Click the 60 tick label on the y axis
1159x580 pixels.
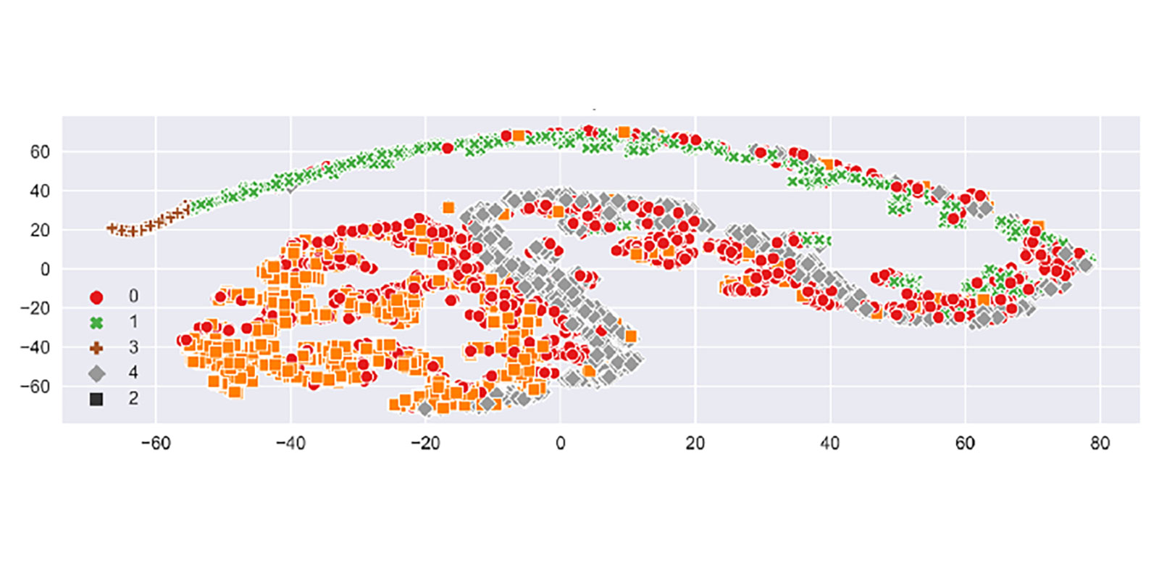click(40, 152)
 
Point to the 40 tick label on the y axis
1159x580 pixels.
click(40, 191)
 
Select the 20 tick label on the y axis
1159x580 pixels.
click(40, 231)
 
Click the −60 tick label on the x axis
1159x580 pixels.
click(155, 443)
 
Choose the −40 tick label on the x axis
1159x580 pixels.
click(290, 443)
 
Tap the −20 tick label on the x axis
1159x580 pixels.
click(425, 443)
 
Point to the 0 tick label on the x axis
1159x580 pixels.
click(560, 443)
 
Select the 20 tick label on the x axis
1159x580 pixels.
click(695, 443)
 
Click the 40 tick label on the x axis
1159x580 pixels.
click(830, 443)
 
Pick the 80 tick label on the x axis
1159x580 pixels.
click(1100, 443)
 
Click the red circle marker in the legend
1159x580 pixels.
click(96, 297)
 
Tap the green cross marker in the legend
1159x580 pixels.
click(96, 323)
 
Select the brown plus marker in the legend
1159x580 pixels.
click(96, 348)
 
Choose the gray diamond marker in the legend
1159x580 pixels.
click(96, 373)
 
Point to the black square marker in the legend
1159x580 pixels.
click(96, 399)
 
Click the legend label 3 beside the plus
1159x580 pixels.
click(133, 348)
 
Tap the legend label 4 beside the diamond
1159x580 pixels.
click(133, 373)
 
